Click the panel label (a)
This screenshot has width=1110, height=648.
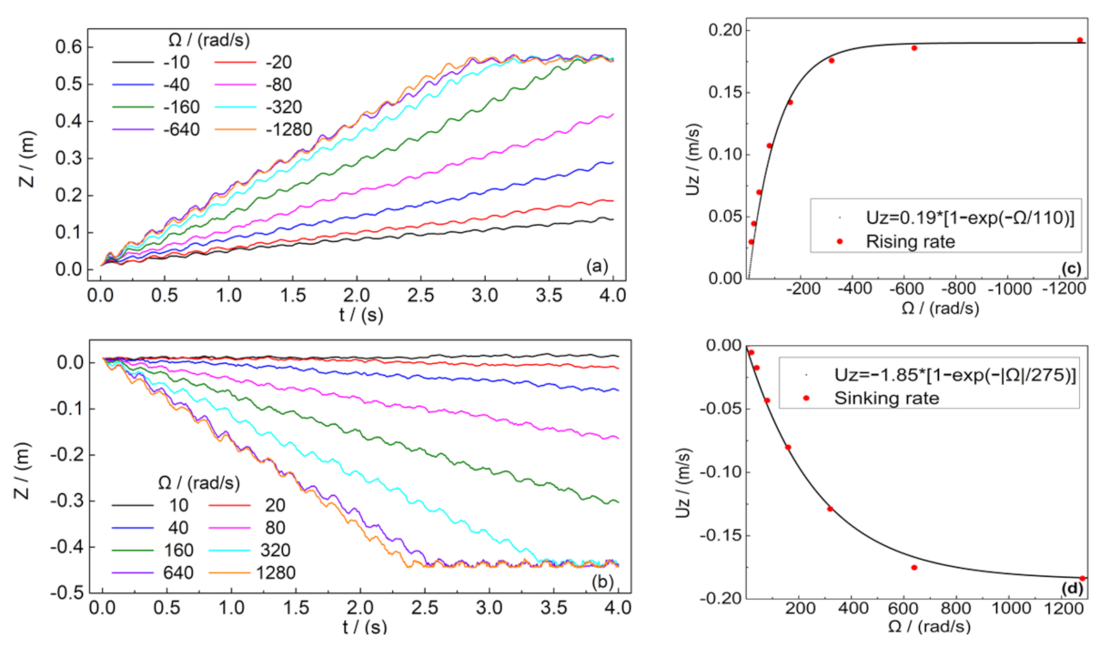pyautogui.click(x=598, y=266)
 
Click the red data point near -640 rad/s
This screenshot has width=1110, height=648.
pyautogui.click(x=914, y=47)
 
